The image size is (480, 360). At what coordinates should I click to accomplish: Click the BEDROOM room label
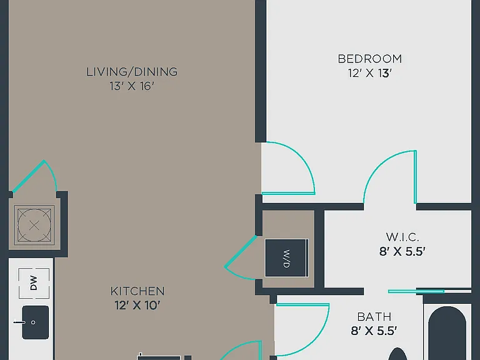pos(370,59)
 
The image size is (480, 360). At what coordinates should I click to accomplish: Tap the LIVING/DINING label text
pos(132,72)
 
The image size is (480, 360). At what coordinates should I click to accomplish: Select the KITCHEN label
pos(137,291)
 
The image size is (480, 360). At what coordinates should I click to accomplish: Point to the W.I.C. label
pos(402,237)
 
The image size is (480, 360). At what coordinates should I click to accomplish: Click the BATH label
pos(374,317)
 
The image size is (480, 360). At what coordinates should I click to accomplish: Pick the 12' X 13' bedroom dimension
pos(370,74)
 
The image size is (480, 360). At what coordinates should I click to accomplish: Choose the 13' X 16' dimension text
pos(132,86)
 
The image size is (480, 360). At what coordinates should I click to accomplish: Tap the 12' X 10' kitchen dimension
pos(137,306)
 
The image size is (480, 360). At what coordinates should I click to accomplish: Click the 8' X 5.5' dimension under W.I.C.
pos(402,252)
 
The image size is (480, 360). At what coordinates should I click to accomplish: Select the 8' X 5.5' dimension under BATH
pos(374,331)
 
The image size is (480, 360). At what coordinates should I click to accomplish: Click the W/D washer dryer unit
pos(286,258)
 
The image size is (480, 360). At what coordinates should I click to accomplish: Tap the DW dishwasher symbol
pos(34,283)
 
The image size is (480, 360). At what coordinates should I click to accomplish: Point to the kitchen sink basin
pos(36,322)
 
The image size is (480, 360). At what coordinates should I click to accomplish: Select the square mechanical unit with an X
pos(34,226)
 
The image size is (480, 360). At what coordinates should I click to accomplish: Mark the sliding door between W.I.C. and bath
pos(416,291)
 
